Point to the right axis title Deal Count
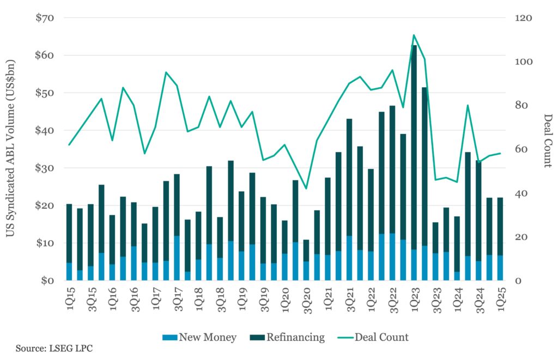click(x=547, y=141)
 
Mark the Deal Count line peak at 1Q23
click(x=414, y=35)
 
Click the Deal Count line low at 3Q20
click(x=306, y=188)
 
